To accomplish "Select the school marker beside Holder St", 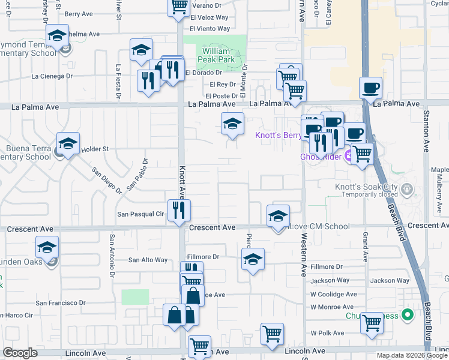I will pyautogui.click(x=68, y=144).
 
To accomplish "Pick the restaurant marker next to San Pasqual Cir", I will pyautogui.click(x=179, y=210).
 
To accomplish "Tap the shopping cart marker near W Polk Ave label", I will pyautogui.click(x=372, y=323).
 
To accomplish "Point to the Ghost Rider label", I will pyautogui.click(x=321, y=157).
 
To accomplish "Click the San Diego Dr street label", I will pyautogui.click(x=106, y=179).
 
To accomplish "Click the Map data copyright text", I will pyautogui.click(x=411, y=355).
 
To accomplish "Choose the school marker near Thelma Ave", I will pyautogui.click(x=57, y=36).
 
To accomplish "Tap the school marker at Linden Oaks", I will pyautogui.click(x=47, y=247).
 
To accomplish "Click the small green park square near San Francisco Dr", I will pyautogui.click(x=135, y=297).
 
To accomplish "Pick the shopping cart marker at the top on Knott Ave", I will pyautogui.click(x=178, y=7).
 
